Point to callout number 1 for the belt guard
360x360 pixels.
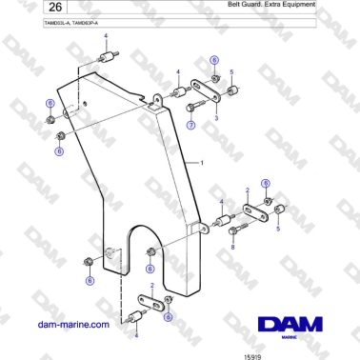201,163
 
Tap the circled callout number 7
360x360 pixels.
190,125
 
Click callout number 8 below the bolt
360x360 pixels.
232,247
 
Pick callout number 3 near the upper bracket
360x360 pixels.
216,118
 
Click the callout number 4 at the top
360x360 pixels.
106,35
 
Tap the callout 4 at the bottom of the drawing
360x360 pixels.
135,334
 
